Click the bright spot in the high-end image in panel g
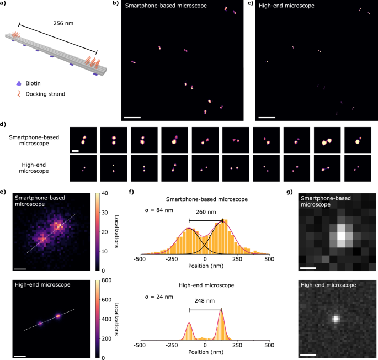click(336, 319)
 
